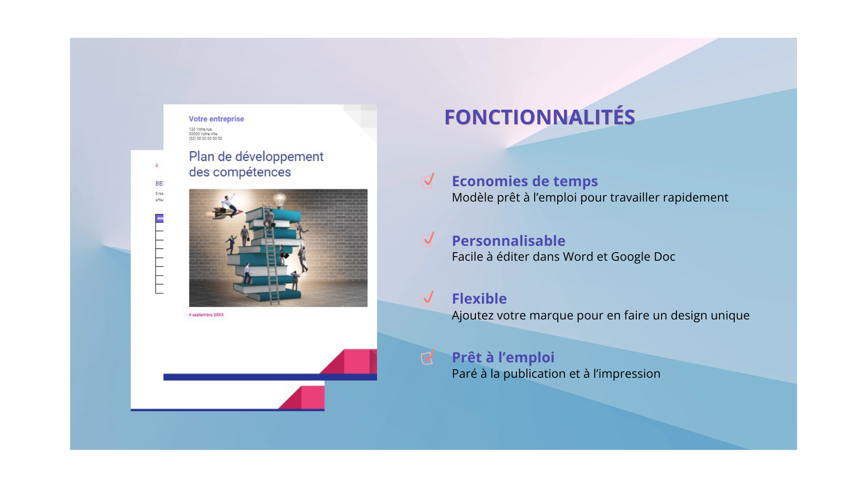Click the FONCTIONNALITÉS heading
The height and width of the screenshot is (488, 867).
(x=540, y=117)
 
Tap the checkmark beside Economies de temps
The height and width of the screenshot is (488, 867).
(x=427, y=181)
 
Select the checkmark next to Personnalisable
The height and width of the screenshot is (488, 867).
(x=427, y=239)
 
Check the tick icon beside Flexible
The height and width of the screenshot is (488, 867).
(x=427, y=298)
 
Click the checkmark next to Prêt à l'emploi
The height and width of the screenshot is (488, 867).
(x=427, y=357)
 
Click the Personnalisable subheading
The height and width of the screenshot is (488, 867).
(x=508, y=241)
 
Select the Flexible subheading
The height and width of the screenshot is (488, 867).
(x=479, y=299)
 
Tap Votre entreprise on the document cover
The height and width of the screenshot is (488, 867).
(x=216, y=119)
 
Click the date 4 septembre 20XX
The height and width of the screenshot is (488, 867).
(x=206, y=314)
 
